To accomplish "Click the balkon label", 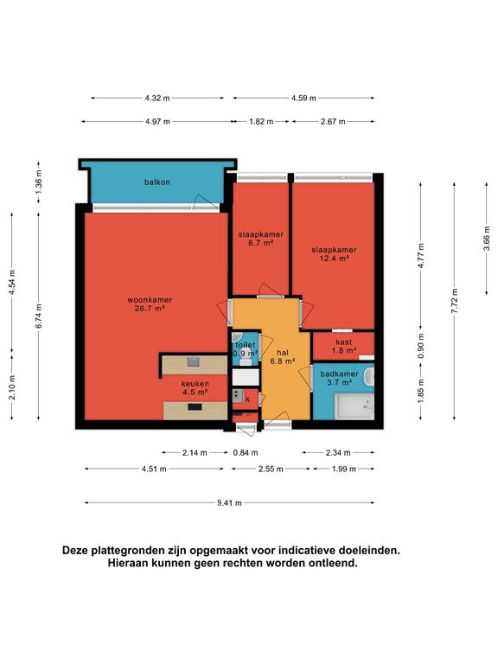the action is (157, 182).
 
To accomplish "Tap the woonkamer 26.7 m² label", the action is (150, 304).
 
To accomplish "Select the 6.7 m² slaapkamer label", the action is (261, 239).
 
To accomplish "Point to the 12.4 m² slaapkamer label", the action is (334, 253).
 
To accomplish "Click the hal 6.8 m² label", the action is (283, 356).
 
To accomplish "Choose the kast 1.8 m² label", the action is (343, 346).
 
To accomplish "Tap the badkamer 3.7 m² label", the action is (339, 378).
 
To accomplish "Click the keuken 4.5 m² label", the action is (195, 387).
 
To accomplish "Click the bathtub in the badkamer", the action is (354, 407).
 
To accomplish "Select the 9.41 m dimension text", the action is (229, 502).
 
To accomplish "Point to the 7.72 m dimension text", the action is (455, 301).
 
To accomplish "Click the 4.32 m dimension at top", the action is (157, 99).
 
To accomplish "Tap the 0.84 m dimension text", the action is (246, 453).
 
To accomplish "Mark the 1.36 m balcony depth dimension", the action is (39, 182).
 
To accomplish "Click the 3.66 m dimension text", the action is (487, 239).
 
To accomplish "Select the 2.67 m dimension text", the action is (333, 122).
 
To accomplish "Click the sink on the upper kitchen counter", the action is (193, 361).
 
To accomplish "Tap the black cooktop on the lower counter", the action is (195, 407).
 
